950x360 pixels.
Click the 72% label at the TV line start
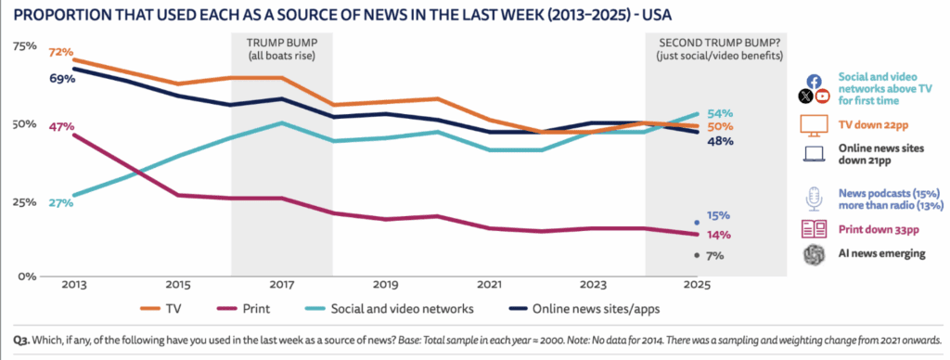click(x=61, y=53)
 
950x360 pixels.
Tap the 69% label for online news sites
click(x=61, y=80)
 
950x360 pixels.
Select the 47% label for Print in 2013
click(x=61, y=126)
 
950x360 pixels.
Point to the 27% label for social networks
click(x=61, y=203)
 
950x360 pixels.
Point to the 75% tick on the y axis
click(x=24, y=46)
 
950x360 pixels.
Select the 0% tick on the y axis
click(x=27, y=276)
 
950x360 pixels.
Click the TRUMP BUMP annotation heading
click(x=280, y=44)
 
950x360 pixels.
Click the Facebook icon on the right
click(x=813, y=81)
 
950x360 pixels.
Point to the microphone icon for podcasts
click(x=813, y=198)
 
